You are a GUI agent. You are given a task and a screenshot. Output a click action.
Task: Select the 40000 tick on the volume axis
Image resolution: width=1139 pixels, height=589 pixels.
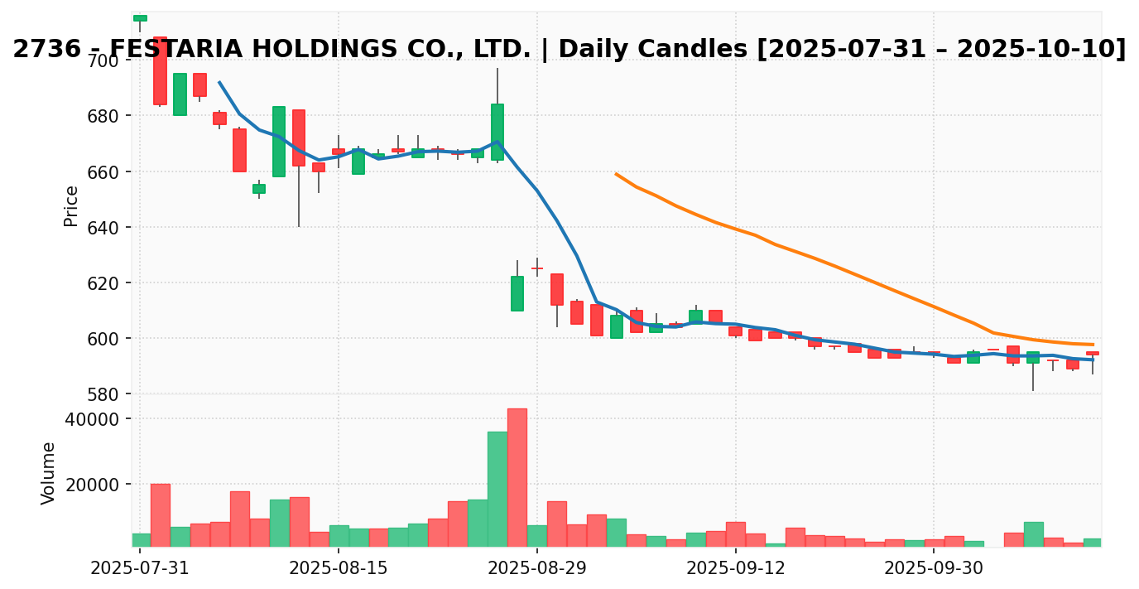point(92,419)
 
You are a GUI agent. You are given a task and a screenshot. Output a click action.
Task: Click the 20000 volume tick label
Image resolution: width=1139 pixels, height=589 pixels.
point(92,484)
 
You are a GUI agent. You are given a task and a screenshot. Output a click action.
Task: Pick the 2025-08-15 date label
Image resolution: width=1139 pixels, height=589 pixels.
point(338,568)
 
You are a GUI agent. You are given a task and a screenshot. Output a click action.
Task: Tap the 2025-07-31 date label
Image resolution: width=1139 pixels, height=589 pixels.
point(140,568)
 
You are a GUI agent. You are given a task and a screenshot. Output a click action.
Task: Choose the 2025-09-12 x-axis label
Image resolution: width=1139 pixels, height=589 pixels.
point(735,568)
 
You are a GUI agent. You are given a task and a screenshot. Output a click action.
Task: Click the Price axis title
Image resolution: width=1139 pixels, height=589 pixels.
point(71,205)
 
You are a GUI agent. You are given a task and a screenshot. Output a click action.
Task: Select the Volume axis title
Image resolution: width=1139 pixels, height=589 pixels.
point(49,473)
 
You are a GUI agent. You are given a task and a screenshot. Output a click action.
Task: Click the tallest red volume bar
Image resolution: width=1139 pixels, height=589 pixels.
point(517,477)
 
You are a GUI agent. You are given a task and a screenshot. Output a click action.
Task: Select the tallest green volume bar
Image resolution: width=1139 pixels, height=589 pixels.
point(497,489)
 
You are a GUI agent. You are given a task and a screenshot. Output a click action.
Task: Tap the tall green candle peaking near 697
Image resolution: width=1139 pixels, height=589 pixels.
point(497,131)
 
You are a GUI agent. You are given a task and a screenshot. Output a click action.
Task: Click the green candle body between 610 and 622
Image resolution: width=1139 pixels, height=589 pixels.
point(517,293)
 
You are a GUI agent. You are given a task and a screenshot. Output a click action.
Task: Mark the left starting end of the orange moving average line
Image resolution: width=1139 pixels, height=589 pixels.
point(616,174)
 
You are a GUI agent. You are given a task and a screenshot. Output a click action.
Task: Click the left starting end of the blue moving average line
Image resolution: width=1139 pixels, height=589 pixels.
point(219,82)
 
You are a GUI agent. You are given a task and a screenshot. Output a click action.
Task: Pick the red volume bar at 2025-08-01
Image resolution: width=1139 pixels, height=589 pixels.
point(160,514)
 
